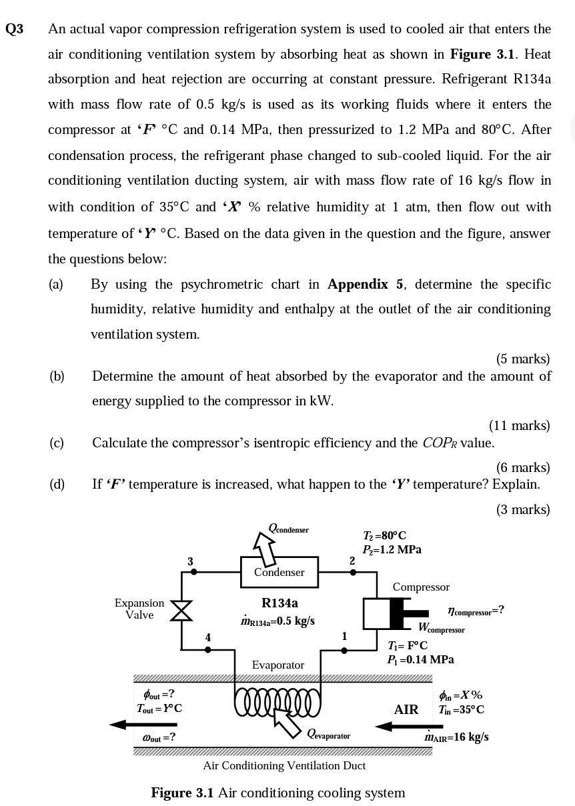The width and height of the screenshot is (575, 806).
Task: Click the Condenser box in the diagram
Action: coord(279,572)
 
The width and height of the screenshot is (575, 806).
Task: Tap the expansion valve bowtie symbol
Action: coord(181,610)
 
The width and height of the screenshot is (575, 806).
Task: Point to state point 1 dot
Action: coord(344,650)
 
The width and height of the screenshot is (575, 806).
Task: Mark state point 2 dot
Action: coord(353,572)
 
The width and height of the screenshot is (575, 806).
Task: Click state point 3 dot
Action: coord(191,572)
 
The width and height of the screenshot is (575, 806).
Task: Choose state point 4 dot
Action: coord(208,650)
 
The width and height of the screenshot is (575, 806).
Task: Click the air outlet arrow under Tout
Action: coord(143,724)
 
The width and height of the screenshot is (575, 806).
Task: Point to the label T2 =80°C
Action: coord(385,535)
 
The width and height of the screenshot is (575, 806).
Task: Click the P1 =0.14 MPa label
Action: coord(420,659)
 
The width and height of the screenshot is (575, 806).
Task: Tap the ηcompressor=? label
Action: coord(476,610)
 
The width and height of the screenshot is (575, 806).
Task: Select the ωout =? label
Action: coord(159,737)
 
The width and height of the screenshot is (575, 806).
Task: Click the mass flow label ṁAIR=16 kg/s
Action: coord(456,737)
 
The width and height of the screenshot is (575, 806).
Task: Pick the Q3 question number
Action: coord(14,29)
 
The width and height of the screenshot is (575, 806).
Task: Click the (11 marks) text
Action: coord(519,425)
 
